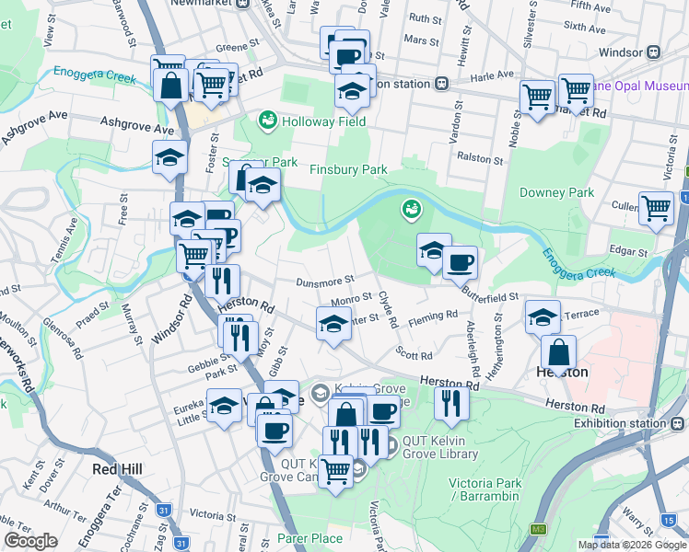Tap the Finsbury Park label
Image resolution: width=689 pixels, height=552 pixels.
coord(348,170)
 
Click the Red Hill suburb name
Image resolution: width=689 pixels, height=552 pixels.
coord(118,469)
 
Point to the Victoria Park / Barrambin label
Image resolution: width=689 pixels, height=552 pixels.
coord(485,489)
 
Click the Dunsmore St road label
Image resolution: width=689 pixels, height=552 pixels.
coord(325,282)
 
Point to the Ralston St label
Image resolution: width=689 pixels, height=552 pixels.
coord(482,159)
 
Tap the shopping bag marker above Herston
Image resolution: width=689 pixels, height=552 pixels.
coord(559,351)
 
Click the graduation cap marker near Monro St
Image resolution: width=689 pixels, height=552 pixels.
coord(333,323)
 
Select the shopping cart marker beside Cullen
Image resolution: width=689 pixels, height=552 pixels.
coord(656,208)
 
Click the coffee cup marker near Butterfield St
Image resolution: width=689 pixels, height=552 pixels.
coord(461,262)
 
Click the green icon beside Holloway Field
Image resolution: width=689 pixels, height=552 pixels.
coord(268,121)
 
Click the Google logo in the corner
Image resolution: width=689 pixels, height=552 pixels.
coord(31,541)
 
